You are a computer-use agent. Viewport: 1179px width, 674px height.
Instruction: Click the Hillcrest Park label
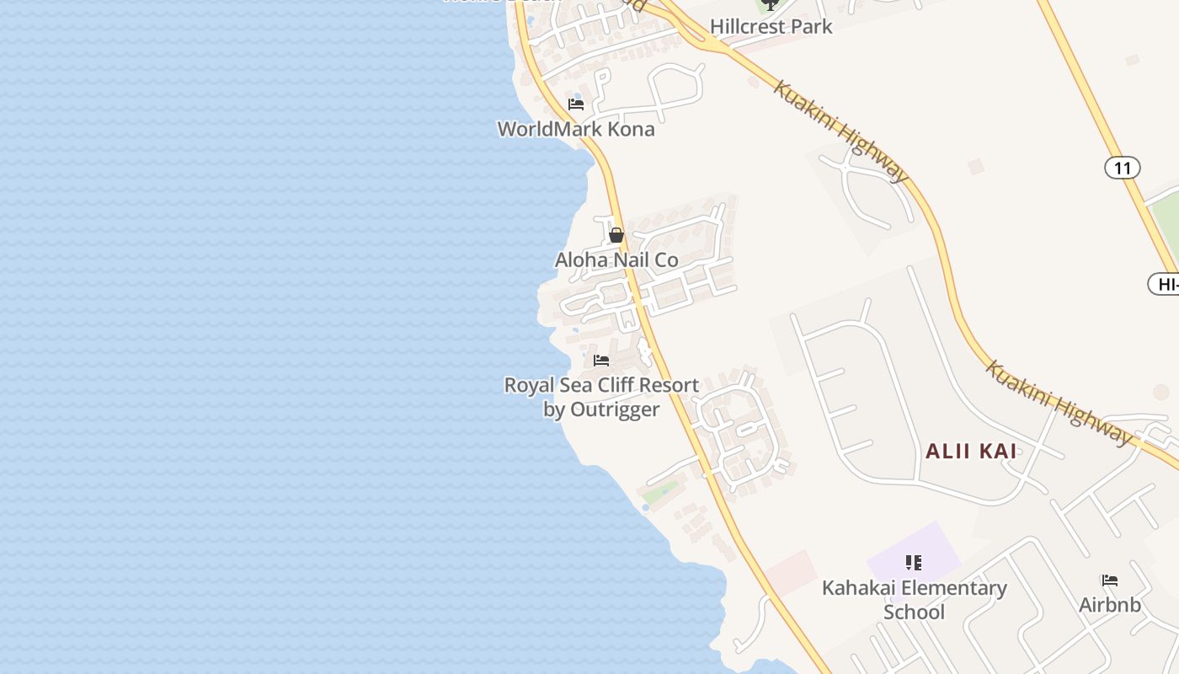click(x=771, y=26)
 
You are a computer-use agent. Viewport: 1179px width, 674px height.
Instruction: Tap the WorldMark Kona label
click(x=576, y=129)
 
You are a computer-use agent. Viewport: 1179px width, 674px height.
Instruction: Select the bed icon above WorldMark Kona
click(x=576, y=104)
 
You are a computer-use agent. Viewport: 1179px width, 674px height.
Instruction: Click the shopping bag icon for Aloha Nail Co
click(x=616, y=235)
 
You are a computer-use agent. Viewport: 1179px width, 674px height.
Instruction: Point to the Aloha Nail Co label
click(x=616, y=259)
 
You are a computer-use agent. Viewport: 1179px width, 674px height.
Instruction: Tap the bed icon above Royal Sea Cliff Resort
click(x=601, y=361)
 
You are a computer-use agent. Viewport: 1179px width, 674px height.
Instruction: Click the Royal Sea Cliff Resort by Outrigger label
click(x=601, y=397)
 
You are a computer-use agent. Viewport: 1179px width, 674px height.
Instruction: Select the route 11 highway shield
click(x=1122, y=168)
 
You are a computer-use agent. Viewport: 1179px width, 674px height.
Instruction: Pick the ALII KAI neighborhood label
click(x=971, y=451)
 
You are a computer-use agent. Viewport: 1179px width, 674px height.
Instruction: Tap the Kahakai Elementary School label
click(x=914, y=599)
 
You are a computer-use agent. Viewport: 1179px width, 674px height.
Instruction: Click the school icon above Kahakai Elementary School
click(x=914, y=562)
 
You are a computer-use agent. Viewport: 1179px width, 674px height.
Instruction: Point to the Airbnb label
click(x=1110, y=604)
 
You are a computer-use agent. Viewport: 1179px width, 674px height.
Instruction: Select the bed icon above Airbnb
click(x=1110, y=580)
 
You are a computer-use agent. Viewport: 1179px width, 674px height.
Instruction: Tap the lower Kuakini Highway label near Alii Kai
click(x=1059, y=403)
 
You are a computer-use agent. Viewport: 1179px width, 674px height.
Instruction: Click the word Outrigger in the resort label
click(x=613, y=409)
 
